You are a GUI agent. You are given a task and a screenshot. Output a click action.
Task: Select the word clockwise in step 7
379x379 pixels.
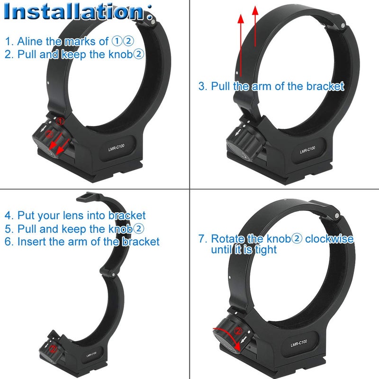click(329, 238)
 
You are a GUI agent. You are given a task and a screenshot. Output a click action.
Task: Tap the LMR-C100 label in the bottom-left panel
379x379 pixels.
click(92, 354)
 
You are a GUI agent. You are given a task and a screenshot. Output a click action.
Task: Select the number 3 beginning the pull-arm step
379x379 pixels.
click(202, 86)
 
